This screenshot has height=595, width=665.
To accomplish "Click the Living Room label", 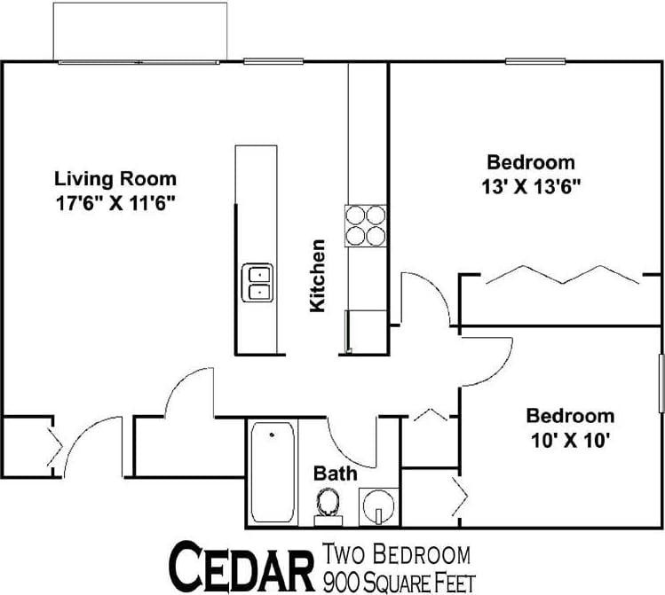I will (x=115, y=177).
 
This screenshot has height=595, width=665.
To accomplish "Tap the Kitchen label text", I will (x=317, y=276).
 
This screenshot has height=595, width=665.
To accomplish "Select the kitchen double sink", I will (x=258, y=283).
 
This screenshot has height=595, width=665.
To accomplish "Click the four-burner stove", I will (x=366, y=225).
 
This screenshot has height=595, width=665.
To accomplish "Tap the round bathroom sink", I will (x=378, y=506).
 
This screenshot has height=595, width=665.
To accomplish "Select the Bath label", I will (x=336, y=473).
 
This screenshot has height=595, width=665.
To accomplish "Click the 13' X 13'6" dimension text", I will (x=531, y=186).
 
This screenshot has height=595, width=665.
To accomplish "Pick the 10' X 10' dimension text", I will (x=570, y=439).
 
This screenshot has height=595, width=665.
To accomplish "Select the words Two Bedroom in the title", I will (x=397, y=556).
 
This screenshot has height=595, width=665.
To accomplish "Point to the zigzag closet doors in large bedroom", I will (x=561, y=274).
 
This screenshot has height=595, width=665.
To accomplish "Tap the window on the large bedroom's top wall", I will (x=531, y=61).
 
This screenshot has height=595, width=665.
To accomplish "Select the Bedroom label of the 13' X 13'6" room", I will (x=531, y=162).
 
